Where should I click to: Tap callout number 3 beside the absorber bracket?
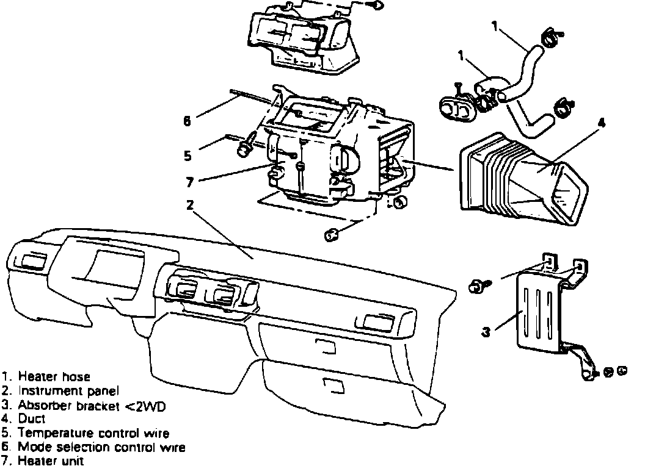coord(486,332)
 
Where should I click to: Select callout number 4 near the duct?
coord(601,123)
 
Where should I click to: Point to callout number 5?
coord(188,156)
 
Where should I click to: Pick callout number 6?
coord(188,121)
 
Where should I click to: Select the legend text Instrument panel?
coord(68,390)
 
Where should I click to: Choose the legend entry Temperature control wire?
coord(93,433)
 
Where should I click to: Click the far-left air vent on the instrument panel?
coord(31,262)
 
